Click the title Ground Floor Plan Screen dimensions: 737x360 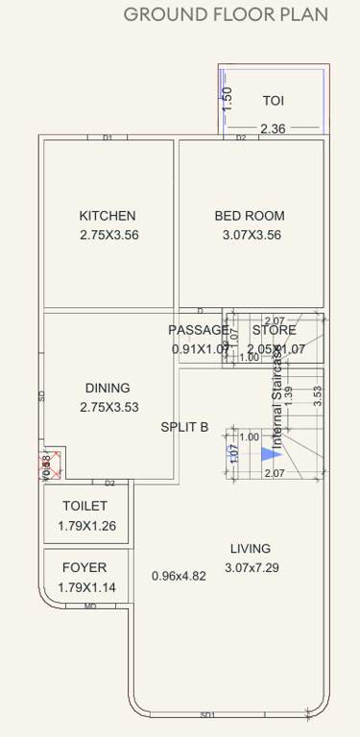click(226, 14)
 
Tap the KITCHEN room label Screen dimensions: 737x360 click(108, 216)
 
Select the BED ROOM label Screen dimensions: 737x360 click(250, 216)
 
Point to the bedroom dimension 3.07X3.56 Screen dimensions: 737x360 click(252, 235)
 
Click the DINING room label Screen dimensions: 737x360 click(108, 388)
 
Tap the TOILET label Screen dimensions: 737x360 click(84, 506)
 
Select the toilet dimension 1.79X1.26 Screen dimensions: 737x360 click(87, 525)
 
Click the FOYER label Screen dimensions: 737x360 click(84, 567)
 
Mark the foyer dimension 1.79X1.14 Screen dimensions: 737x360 click(87, 586)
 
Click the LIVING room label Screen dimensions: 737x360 click(251, 549)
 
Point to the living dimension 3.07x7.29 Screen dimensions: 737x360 click(252, 568)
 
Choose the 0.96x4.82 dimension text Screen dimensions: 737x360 click(179, 576)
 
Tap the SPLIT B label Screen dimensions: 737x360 click(184, 427)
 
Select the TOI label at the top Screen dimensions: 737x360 click(274, 100)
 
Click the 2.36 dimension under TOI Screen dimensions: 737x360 click(274, 129)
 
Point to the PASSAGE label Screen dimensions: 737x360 click(199, 330)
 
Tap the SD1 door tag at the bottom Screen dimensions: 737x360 click(207, 715)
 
